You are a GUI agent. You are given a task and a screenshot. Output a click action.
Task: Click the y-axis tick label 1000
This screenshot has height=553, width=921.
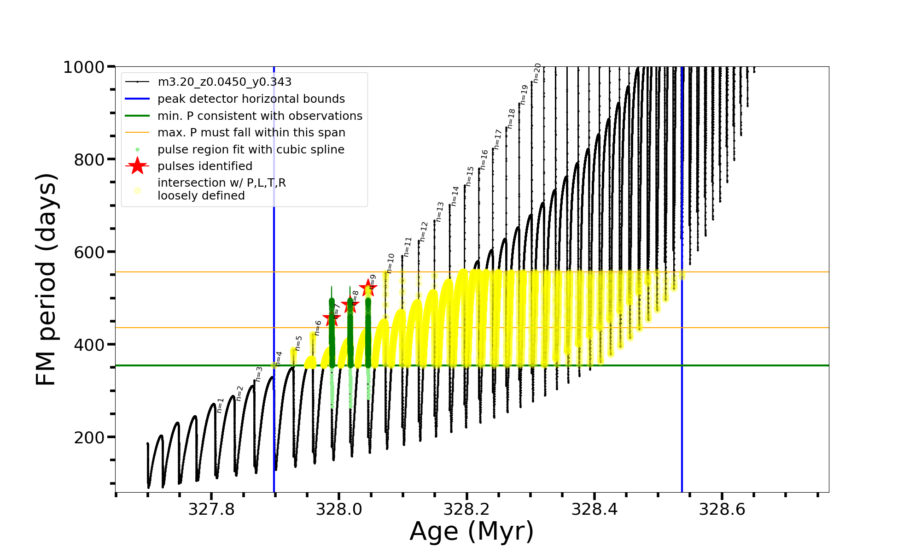tap(84, 68)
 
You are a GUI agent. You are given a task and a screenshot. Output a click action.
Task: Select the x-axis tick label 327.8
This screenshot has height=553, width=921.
tap(211, 509)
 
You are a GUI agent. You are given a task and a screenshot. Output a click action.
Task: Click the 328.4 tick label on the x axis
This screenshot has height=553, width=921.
tap(595, 509)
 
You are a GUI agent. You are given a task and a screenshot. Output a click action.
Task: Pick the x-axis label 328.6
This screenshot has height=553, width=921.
tap(722, 509)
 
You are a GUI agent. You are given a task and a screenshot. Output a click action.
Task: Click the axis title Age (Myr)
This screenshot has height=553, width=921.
tap(472, 531)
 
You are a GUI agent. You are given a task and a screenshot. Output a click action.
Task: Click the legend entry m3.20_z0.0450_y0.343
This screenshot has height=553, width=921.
tap(224, 82)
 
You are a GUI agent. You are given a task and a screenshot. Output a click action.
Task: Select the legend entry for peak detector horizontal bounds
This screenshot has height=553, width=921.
tap(251, 99)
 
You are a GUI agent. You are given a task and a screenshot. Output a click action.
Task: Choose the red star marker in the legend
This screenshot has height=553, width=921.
tap(137, 166)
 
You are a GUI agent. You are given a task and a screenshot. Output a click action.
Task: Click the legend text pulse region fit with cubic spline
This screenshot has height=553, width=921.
tap(251, 150)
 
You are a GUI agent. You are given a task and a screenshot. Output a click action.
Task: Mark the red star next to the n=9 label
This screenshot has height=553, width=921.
tap(368, 288)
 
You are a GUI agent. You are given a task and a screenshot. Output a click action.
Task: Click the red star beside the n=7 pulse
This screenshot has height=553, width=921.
tap(332, 318)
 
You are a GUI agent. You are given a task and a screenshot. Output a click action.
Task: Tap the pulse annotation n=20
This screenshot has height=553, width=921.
tap(537, 73)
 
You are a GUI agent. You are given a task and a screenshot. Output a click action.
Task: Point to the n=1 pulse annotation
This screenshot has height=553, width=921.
tap(220, 405)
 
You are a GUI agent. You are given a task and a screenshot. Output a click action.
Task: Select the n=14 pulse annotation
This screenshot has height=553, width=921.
tap(455, 196)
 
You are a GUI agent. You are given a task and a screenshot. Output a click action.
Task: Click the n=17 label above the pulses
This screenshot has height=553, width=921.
tap(498, 139)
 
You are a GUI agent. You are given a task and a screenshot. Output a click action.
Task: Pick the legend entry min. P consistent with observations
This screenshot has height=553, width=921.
tap(260, 116)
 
